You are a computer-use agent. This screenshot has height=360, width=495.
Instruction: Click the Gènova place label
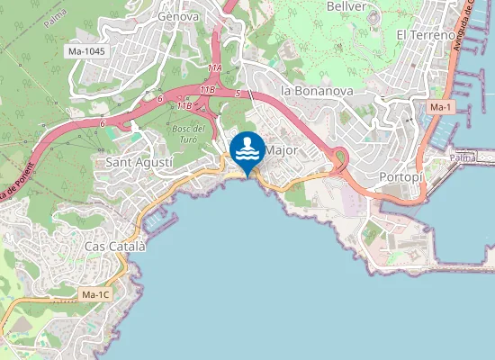(x=176, y=16)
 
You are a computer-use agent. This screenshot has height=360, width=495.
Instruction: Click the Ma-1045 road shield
(x=86, y=51)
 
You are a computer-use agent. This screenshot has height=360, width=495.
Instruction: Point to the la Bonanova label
(x=316, y=91)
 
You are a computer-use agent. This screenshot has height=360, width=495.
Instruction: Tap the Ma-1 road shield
(x=440, y=108)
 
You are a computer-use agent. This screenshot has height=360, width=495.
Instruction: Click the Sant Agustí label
(x=134, y=163)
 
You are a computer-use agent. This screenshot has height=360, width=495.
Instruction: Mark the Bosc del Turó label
(x=188, y=134)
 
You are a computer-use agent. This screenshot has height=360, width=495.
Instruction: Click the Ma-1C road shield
(x=94, y=294)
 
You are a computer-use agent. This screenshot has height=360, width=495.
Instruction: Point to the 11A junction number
(x=214, y=68)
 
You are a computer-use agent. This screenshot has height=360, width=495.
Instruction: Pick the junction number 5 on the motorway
(x=236, y=94)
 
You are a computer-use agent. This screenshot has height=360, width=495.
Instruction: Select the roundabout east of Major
(x=340, y=159)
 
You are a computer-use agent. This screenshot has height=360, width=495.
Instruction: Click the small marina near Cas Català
(x=156, y=218)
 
